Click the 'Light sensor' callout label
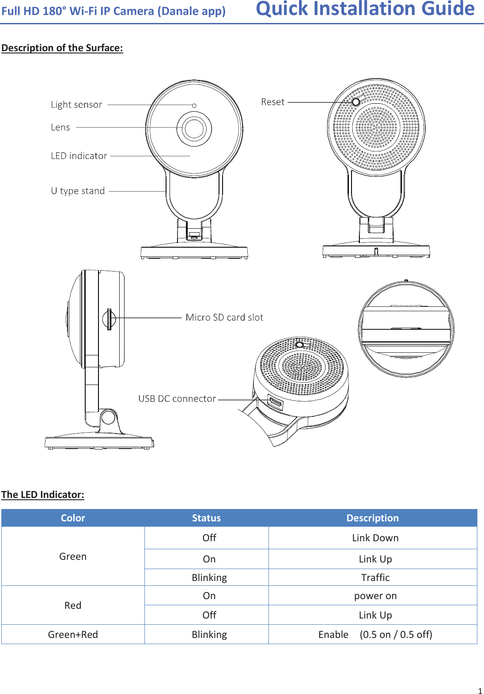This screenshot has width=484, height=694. click(x=76, y=105)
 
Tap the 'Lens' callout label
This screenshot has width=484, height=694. click(x=60, y=128)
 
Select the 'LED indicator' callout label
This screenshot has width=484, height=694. click(x=79, y=156)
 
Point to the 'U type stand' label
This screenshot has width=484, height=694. click(x=78, y=191)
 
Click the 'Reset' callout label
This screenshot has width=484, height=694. click(x=273, y=102)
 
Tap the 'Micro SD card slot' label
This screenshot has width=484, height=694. click(x=224, y=317)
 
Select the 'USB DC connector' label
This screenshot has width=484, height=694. click(x=177, y=399)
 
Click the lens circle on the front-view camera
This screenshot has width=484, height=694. click(x=194, y=128)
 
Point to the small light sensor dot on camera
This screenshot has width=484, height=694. click(x=194, y=106)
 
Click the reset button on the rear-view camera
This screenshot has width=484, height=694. click(x=355, y=102)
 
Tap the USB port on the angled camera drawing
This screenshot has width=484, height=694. click(x=275, y=403)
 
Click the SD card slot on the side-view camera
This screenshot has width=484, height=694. click(x=109, y=319)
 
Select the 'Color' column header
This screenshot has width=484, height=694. click(x=73, y=518)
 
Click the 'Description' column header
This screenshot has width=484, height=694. click(x=372, y=518)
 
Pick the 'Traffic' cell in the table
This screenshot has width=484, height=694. click(x=375, y=577)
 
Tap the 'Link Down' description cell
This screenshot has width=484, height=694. click(x=375, y=538)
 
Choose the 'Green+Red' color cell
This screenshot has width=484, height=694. click(x=73, y=634)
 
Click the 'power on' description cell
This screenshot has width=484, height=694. click(x=375, y=596)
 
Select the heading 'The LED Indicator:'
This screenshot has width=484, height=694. click(x=43, y=494)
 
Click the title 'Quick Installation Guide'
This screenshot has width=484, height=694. click(x=365, y=9)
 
